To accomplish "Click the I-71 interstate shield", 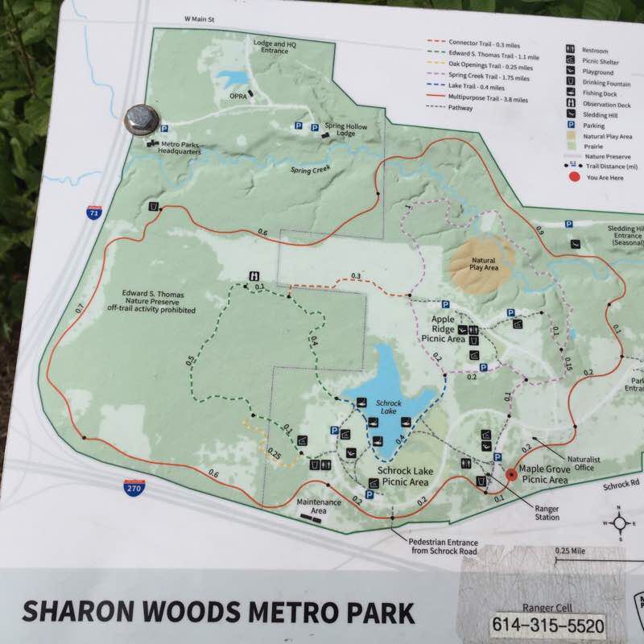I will click(93, 213).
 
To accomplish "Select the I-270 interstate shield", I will click(134, 487).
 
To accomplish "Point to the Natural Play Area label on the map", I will click(483, 263).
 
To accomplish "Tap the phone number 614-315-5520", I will click(547, 624).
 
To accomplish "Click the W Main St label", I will click(202, 19).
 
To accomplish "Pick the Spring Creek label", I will click(310, 171).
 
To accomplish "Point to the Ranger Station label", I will click(547, 512).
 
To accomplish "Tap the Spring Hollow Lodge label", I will click(341, 130).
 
